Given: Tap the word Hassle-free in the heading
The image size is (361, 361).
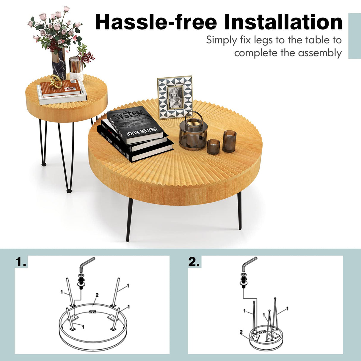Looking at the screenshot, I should point(156,23).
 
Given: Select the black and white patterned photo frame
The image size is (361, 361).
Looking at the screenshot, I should point(175,97).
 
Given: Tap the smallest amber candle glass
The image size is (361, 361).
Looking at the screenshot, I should point(213,146).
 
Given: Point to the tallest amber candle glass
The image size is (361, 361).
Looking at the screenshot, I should point(229,141).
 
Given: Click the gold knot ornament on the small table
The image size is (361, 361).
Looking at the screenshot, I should point(56,81).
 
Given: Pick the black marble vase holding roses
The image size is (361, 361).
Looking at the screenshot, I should point(59,64).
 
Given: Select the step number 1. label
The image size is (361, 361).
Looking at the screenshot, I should point(21,262).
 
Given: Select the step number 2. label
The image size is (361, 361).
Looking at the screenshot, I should point(194,262).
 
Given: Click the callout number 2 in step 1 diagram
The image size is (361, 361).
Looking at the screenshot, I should point(97,295).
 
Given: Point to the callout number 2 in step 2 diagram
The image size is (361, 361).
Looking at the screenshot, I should point(241,332).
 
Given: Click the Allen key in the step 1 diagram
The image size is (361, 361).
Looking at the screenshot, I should point(86,263).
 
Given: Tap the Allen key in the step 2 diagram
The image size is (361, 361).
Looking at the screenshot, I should point(249,263).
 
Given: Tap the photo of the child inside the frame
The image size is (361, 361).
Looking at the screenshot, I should point(175,97).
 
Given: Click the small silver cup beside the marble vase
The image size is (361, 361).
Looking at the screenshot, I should point(76,65).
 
